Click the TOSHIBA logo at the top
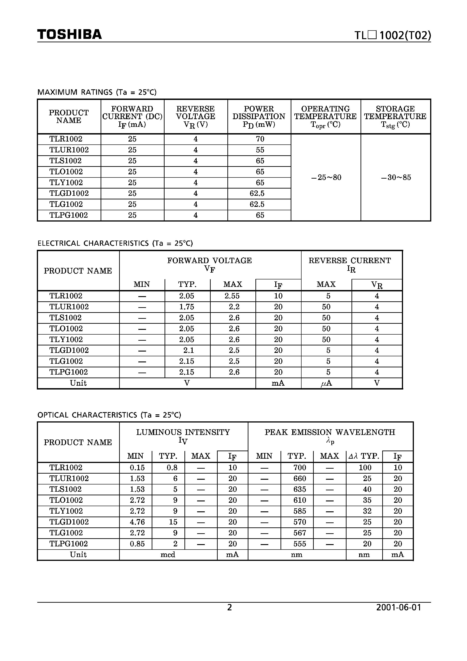(x=69, y=35)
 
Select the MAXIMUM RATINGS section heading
(x=97, y=92)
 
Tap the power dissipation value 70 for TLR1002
(x=260, y=139)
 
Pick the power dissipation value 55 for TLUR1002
(x=260, y=150)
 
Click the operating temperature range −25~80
(x=326, y=177)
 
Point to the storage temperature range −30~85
(x=396, y=177)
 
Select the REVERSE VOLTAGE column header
(x=196, y=117)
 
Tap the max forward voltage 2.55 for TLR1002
(x=232, y=296)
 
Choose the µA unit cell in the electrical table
(x=326, y=383)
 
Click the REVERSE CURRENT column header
(x=350, y=264)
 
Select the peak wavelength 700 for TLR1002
(x=300, y=467)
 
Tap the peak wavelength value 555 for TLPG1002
(x=300, y=544)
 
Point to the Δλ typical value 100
(x=365, y=467)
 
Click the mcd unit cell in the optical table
(x=168, y=555)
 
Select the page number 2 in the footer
(x=229, y=607)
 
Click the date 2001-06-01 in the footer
(x=399, y=607)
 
